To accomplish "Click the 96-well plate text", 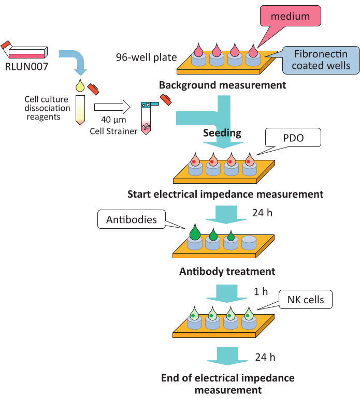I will (147, 56).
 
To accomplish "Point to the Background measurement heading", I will (222, 85).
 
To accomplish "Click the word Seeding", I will (221, 133).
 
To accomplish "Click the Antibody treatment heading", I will (227, 271).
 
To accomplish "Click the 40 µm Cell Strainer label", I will (119, 126).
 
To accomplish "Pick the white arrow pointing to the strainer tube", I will (113, 108).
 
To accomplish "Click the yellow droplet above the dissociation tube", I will (80, 85).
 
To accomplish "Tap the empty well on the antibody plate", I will (249, 243).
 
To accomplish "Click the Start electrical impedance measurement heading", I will (225, 195).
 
